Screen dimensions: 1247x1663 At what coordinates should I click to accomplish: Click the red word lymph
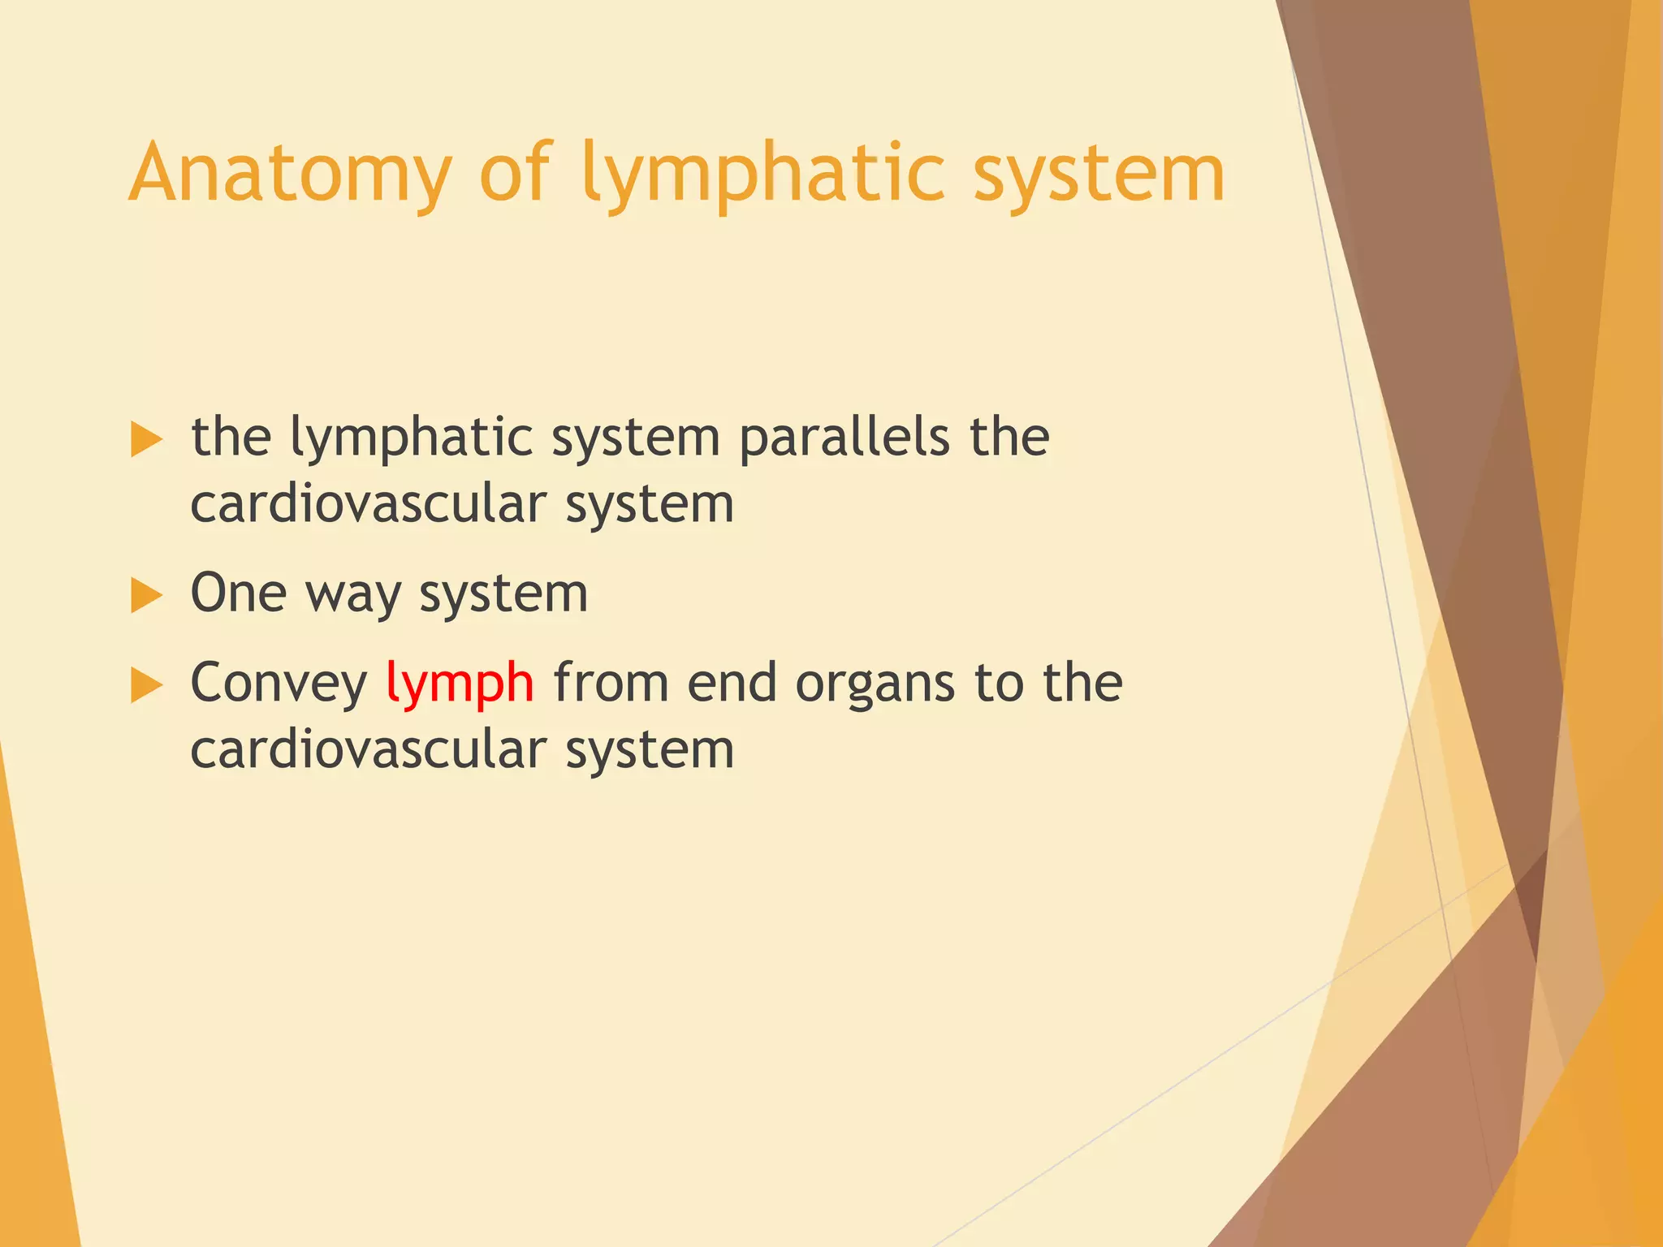pyautogui.click(x=460, y=684)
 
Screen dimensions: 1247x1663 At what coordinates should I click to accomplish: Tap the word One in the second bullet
pyautogui.click(x=238, y=593)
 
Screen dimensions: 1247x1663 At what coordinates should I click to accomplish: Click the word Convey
pyautogui.click(x=279, y=684)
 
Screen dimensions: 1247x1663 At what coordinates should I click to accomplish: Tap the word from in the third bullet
pyautogui.click(x=610, y=683)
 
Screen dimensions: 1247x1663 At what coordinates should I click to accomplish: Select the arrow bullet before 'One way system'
pyautogui.click(x=146, y=596)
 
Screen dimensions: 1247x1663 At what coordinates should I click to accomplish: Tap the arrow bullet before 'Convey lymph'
pyautogui.click(x=146, y=686)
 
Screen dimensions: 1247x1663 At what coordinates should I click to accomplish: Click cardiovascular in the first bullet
pyautogui.click(x=368, y=504)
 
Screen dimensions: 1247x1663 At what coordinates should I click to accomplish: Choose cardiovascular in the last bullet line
pyautogui.click(x=368, y=749)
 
